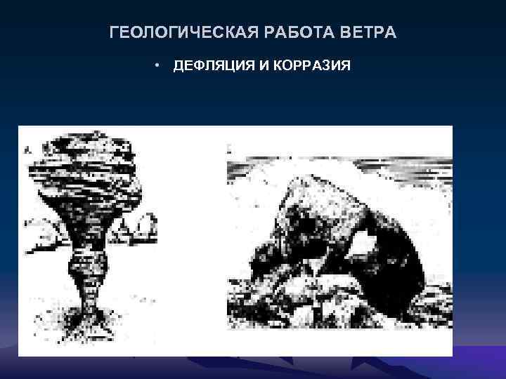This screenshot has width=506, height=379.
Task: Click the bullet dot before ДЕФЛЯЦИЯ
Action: pyautogui.click(x=160, y=66)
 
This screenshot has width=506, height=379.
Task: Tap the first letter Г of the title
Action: pyautogui.click(x=115, y=33)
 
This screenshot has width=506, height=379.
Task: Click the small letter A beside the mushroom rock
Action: pyautogui.click(x=27, y=149)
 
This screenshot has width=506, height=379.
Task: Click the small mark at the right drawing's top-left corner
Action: pyautogui.click(x=230, y=149)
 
